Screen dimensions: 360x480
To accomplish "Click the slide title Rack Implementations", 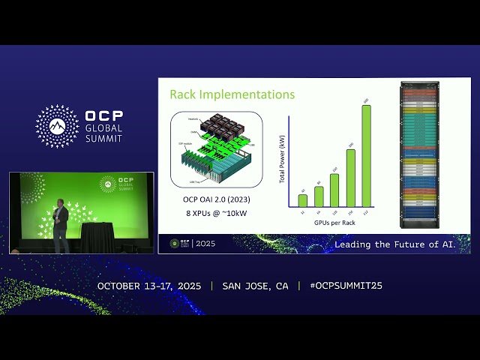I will tap(232, 94).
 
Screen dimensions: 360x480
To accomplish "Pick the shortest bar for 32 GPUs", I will tap(302, 200).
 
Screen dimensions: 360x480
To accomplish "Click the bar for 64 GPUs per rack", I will tap(319, 196).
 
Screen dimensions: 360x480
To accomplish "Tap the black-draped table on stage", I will tap(97, 238).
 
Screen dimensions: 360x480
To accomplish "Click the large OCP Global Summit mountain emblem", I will tap(57, 126).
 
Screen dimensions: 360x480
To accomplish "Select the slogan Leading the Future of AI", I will tap(401, 244).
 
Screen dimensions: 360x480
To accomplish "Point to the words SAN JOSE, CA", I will tap(255, 286).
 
